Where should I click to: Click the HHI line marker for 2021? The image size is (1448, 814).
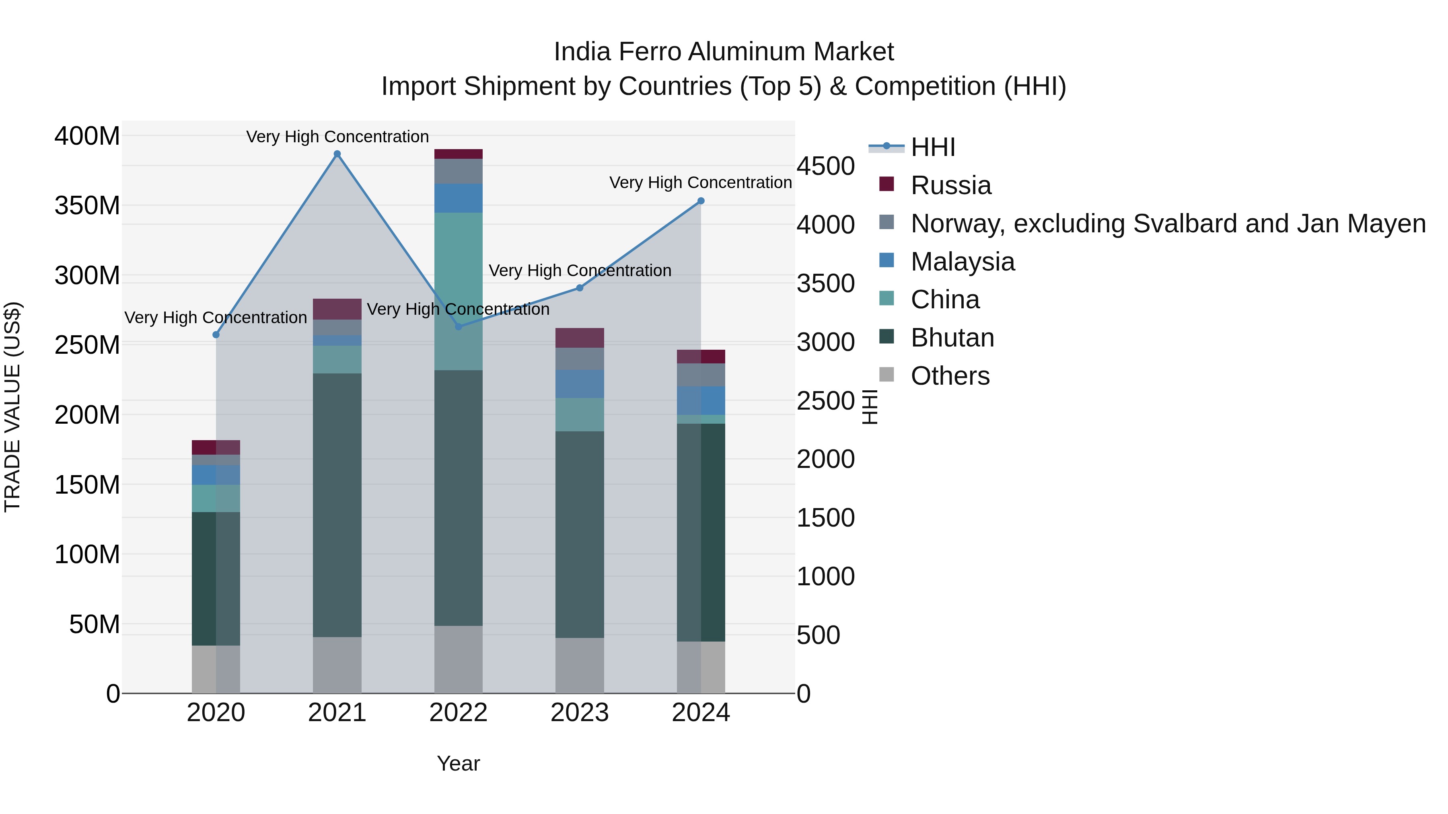[x=337, y=154]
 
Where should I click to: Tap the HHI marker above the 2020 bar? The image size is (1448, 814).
[x=216, y=335]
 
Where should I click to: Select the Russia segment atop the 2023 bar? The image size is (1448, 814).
[x=580, y=338]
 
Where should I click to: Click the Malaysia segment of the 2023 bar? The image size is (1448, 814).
[x=580, y=384]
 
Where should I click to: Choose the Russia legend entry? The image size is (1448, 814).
[x=950, y=185]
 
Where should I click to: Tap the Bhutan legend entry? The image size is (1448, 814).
[x=952, y=338]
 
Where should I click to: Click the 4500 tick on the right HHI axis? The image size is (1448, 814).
[x=825, y=166]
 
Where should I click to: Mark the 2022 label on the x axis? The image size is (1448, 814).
[x=458, y=713]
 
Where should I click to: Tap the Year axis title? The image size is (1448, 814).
[x=458, y=763]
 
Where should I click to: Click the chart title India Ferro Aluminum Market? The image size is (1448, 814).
[x=724, y=52]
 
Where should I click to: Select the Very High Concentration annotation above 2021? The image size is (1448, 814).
[x=337, y=137]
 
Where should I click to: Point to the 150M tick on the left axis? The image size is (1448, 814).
[x=87, y=485]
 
